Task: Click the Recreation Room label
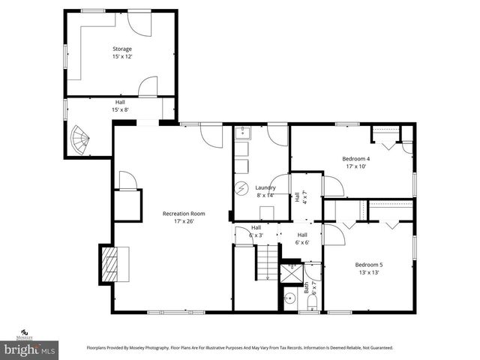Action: [184, 214]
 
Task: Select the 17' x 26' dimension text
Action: [184, 221]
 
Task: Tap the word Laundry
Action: [265, 187]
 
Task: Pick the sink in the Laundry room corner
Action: [241, 135]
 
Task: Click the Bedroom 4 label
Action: [356, 158]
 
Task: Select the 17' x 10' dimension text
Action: [356, 166]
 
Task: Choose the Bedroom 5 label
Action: [368, 265]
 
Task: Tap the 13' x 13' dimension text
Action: [368, 272]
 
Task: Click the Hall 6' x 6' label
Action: [302, 238]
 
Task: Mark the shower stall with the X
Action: [289, 269]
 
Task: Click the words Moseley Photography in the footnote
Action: [153, 348]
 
